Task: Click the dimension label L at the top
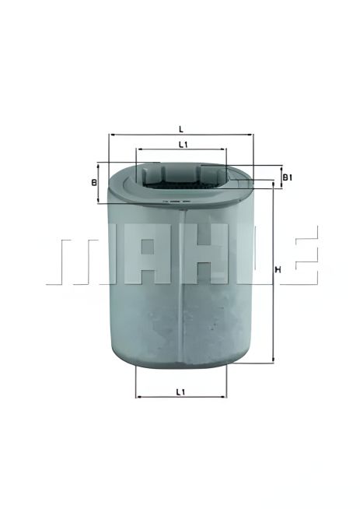click(x=180, y=128)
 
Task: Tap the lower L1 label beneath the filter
click(x=180, y=391)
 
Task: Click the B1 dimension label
click(x=287, y=177)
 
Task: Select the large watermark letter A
click(x=137, y=254)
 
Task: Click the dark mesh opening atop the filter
click(x=180, y=184)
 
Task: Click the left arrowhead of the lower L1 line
click(x=138, y=397)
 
